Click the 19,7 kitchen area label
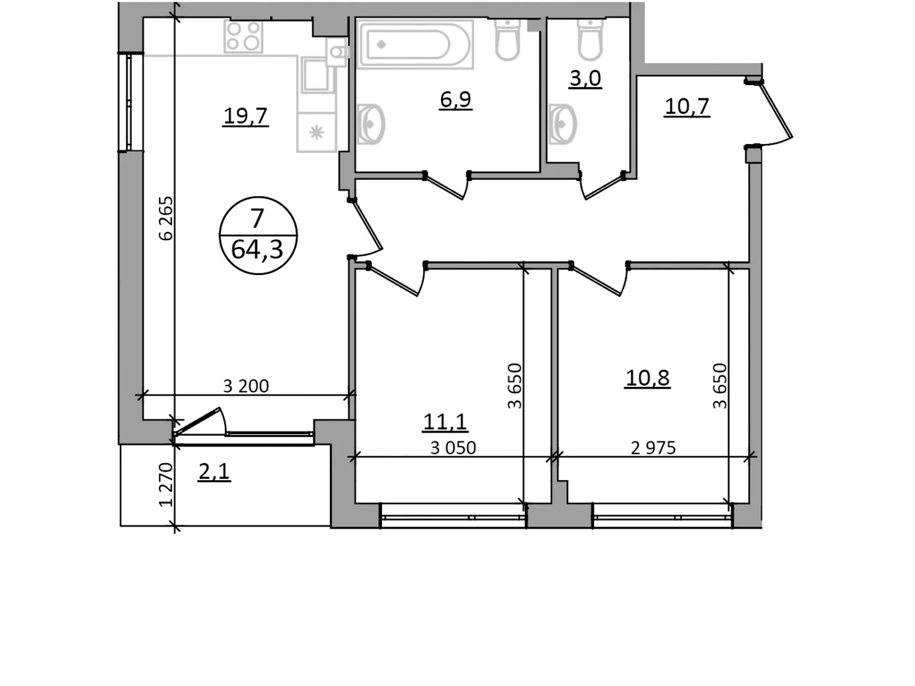[x=245, y=116]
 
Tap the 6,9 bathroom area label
[x=456, y=100]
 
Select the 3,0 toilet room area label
[x=585, y=78]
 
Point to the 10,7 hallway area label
[x=687, y=107]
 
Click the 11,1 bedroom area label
[x=445, y=421]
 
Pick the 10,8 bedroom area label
[x=647, y=378]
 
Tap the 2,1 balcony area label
[x=214, y=472]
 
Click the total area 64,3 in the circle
[x=257, y=250]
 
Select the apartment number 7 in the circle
[x=257, y=218]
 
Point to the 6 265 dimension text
[x=166, y=218]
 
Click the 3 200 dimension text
[x=246, y=386]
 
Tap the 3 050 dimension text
[x=453, y=448]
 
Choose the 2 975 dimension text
[x=653, y=448]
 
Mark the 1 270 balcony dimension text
[x=166, y=485]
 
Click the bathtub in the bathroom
[x=415, y=44]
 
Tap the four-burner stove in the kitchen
[x=244, y=37]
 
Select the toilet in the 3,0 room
[x=590, y=39]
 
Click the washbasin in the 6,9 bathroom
[x=371, y=123]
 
